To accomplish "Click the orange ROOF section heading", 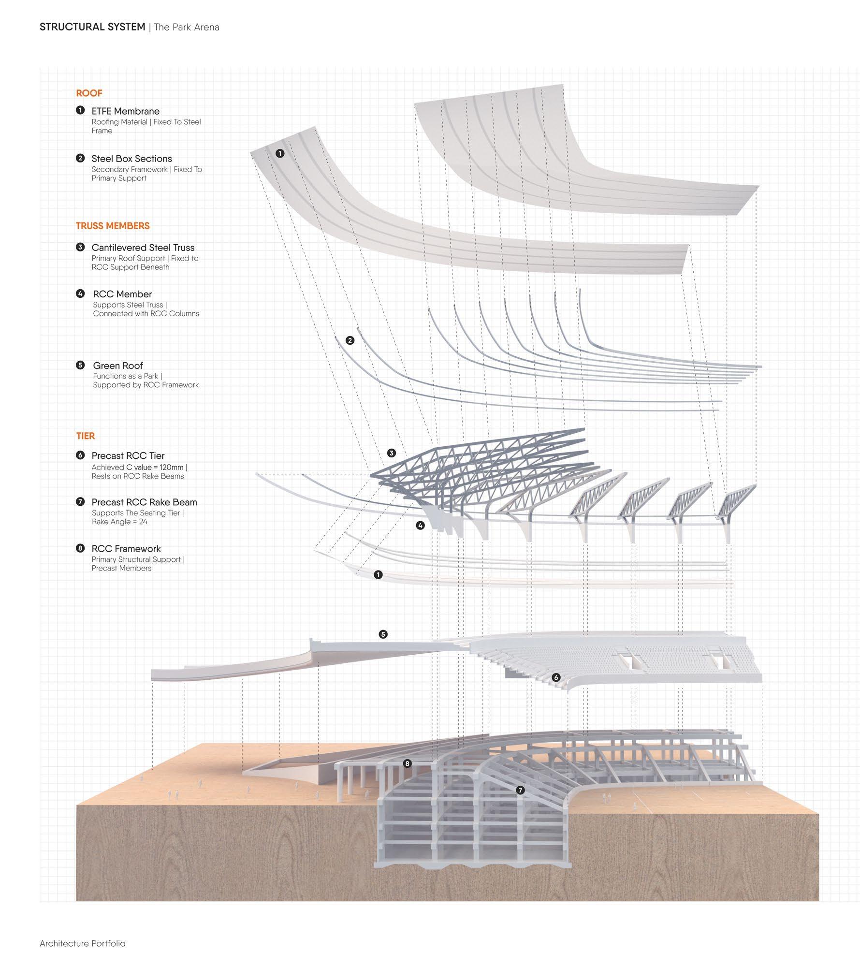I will pos(89,93).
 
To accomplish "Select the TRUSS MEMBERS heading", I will pos(113,226).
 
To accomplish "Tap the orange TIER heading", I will pos(86,436).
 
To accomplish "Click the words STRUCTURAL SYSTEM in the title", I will pos(92,27).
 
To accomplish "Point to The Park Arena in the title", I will pos(187,27).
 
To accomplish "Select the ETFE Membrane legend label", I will pos(125,111).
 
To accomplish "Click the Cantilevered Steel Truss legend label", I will pos(143,248).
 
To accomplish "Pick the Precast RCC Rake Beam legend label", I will pos(144,502).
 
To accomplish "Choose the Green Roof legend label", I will pos(118,366).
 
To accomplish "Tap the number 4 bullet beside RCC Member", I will pos(80,293).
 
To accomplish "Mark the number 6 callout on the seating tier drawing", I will pos(556,677).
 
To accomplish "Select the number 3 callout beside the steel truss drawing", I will pos(392,453).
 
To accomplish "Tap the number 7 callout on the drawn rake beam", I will pos(520,790).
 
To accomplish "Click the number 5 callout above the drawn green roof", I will pos(383,634).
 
